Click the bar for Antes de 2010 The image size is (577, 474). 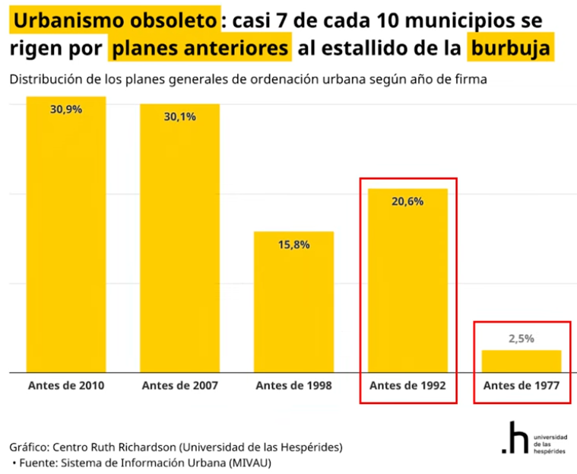65,236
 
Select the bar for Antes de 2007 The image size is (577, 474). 179,240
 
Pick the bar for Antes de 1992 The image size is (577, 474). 407,282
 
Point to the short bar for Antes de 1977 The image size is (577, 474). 522,361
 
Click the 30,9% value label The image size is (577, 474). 66,110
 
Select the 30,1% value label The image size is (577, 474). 179,116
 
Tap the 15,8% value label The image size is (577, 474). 293,244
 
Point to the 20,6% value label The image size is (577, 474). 408,202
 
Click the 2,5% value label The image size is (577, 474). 522,339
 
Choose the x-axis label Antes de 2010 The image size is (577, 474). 66,386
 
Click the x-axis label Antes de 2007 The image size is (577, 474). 179,386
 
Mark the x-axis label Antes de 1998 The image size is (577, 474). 293,386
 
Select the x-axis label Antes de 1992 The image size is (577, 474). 407,386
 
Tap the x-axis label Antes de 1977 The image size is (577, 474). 522,386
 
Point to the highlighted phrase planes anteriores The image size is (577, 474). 200,49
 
